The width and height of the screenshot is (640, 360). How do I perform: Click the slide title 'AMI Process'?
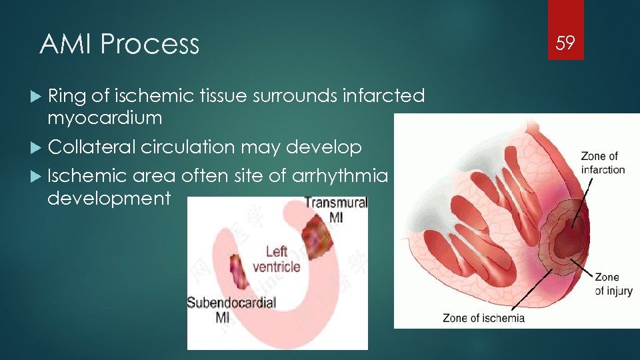coord(119,45)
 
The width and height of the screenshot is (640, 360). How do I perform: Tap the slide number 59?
coord(565,44)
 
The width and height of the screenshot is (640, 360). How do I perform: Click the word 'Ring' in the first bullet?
coord(67,96)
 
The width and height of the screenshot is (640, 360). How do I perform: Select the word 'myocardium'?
coord(105,118)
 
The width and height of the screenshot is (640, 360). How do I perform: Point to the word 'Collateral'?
coord(91,147)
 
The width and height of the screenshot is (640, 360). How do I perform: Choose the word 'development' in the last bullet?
coord(109,198)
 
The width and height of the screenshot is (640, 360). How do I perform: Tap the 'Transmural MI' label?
coord(335,210)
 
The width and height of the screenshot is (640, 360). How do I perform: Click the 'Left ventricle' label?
coord(276,259)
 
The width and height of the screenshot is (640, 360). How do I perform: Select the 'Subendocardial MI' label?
coord(231,309)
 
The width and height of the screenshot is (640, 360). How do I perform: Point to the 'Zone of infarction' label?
coord(603,163)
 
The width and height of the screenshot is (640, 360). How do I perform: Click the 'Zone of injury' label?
coord(613,283)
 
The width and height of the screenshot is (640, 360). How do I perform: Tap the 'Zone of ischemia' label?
coord(483,318)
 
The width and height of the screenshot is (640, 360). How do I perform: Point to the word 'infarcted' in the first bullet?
coord(383,96)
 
